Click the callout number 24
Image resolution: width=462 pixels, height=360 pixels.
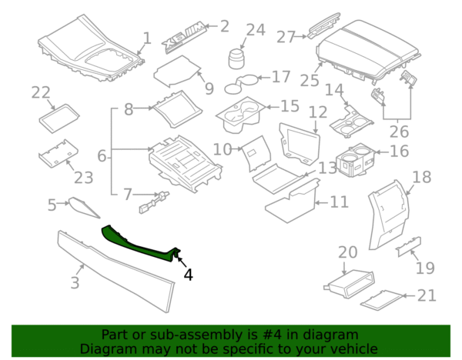click(255, 31)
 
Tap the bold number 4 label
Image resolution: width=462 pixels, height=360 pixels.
click(188, 274)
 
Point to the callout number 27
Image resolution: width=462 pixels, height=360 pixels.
click(286, 36)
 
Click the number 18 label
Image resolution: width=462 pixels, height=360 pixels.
click(422, 178)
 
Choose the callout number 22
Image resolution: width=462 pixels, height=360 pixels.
click(40, 93)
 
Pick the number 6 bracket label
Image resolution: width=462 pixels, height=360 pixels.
click(102, 157)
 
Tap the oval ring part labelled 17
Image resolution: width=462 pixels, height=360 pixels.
click(244, 80)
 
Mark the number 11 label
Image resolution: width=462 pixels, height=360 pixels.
click(340, 202)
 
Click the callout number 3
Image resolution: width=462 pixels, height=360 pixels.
click(75, 282)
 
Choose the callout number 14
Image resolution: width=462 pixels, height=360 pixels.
click(333, 91)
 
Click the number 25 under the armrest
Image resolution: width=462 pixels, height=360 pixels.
click(310, 80)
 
